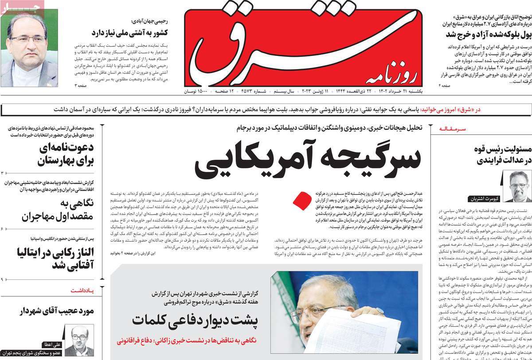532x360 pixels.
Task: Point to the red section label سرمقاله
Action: pos(453,129)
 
